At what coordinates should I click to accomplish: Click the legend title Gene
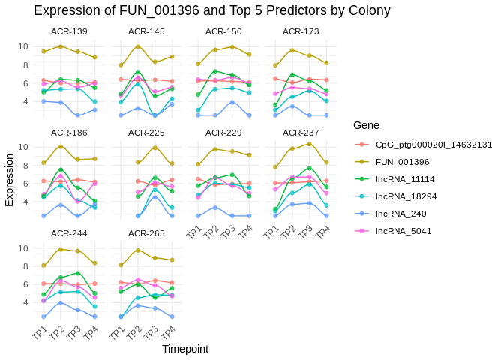tap(367, 125)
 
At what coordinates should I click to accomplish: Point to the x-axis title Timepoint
tap(185, 349)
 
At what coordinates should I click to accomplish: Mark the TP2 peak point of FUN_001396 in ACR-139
tap(61, 46)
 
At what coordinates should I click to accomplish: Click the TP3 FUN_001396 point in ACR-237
tap(310, 144)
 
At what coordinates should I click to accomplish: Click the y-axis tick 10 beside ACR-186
tap(23, 147)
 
